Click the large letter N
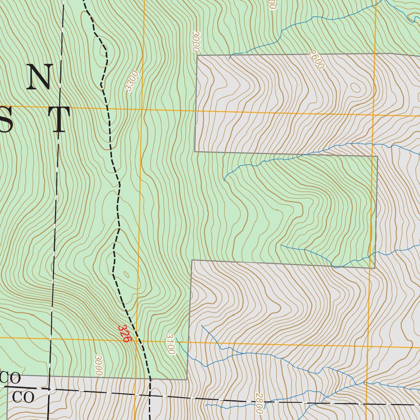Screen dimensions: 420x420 click(39, 77)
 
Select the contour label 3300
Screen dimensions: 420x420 click(132, 81)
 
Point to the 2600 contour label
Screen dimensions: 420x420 click(317, 60)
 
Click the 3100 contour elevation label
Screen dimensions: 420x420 click(170, 344)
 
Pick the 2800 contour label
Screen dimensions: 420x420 click(259, 403)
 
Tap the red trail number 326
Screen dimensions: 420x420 click(124, 333)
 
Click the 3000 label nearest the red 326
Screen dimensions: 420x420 click(98, 365)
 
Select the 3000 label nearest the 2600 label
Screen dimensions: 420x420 click(195, 41)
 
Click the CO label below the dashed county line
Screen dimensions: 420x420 click(23, 397)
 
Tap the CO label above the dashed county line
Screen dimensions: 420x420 click(11, 378)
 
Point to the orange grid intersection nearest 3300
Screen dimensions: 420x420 click(142, 109)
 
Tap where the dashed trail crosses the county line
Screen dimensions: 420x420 click(150, 396)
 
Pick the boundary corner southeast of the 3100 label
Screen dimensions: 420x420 click(187, 379)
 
